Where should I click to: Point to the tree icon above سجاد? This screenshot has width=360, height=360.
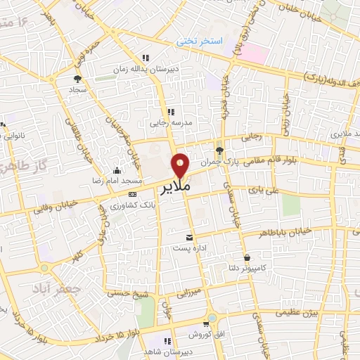click(77, 79)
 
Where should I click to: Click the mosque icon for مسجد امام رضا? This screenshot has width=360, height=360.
click(117, 169)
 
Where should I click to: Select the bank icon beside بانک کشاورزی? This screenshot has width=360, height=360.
click(132, 194)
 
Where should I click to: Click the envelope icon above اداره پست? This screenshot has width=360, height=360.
click(188, 238)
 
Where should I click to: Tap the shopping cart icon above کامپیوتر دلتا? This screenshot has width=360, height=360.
click(247, 257)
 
